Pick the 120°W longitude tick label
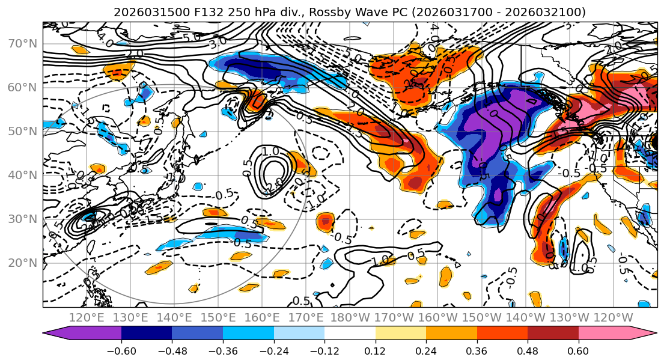[x=613, y=317]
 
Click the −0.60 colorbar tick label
[x=121, y=351]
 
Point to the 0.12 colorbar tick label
[x=376, y=351]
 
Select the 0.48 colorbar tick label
[x=528, y=351]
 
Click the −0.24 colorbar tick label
[x=273, y=351]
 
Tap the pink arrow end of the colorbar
[x=643, y=335]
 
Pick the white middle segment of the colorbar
[x=350, y=335]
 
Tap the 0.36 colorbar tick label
[x=477, y=351]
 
